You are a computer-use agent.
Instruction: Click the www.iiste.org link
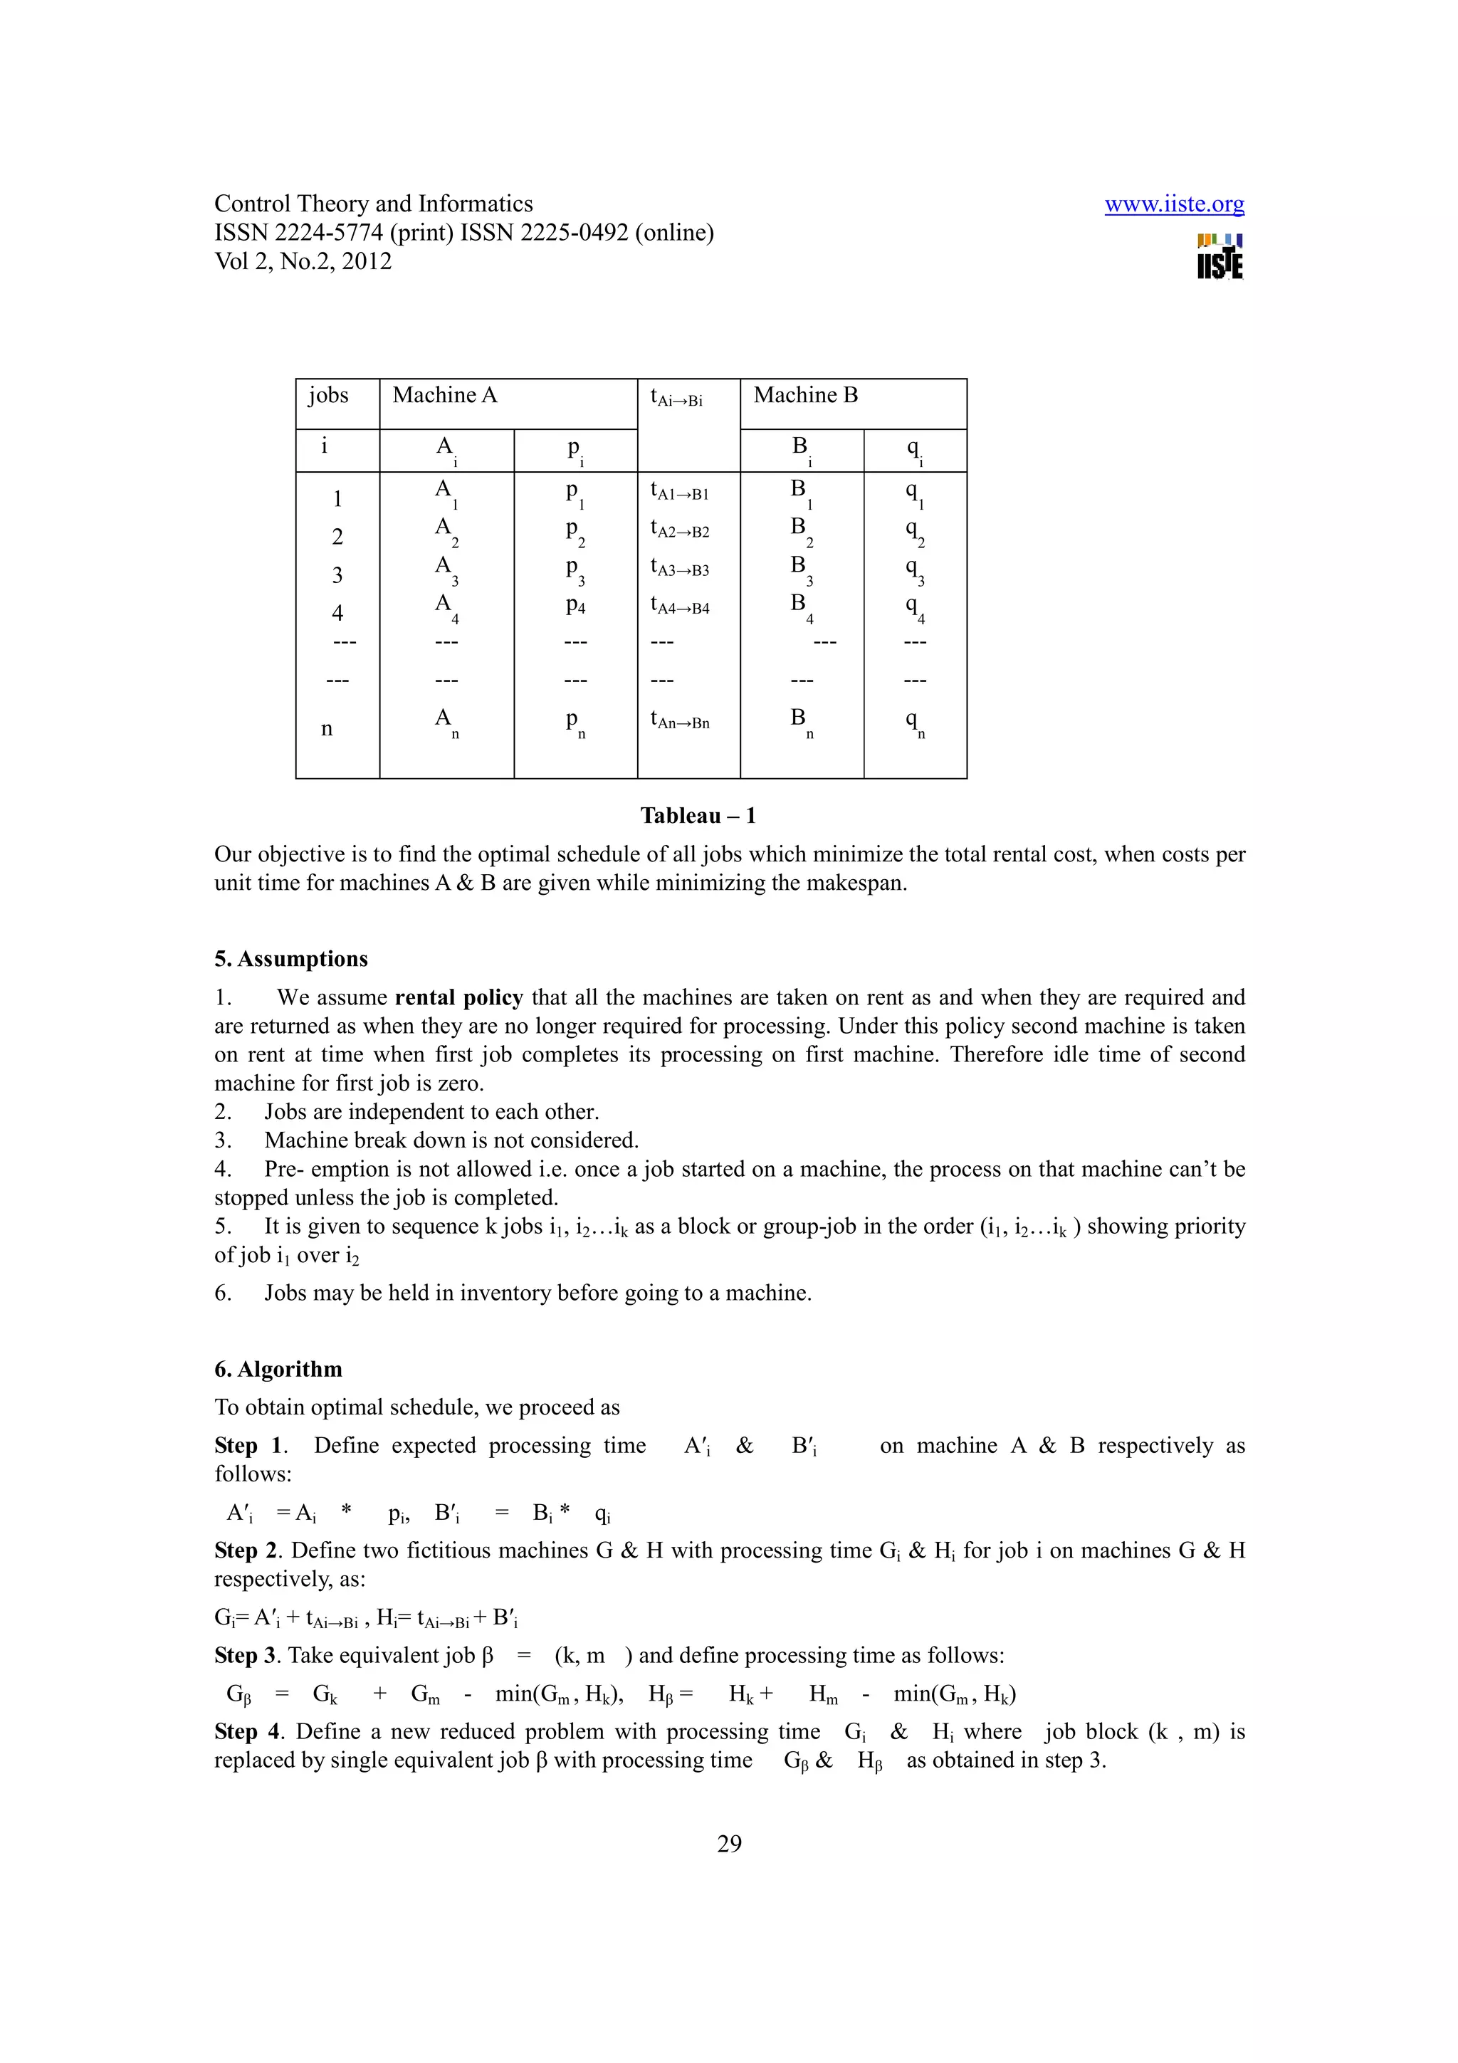pyautogui.click(x=1173, y=204)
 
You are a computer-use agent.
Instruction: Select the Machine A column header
pyautogui.click(x=445, y=395)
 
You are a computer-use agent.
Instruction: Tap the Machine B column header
pyautogui.click(x=805, y=395)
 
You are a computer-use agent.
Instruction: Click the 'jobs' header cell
pyautogui.click(x=328, y=395)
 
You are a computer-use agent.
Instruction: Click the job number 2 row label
pyautogui.click(x=337, y=537)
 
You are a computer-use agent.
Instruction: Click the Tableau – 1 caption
pyautogui.click(x=697, y=816)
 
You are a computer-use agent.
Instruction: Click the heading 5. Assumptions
pyautogui.click(x=290, y=959)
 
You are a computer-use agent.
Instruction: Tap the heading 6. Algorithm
pyautogui.click(x=278, y=1370)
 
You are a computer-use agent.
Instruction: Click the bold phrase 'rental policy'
pyautogui.click(x=458, y=997)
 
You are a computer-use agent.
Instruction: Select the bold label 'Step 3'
pyautogui.click(x=247, y=1655)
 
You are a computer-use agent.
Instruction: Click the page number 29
pyautogui.click(x=728, y=1844)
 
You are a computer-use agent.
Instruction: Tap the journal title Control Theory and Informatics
pyautogui.click(x=373, y=204)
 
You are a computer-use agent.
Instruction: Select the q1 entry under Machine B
pyautogui.click(x=913, y=493)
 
